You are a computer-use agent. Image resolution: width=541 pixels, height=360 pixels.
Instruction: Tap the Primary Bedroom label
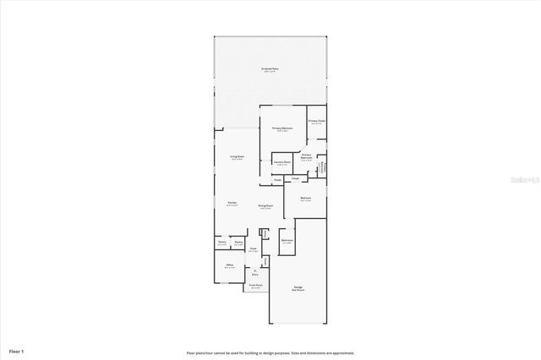281,128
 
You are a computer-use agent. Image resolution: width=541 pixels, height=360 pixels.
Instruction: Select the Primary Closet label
316,121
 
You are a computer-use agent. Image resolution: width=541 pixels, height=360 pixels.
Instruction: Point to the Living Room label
238,156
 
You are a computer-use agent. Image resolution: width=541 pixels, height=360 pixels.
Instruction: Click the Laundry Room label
282,161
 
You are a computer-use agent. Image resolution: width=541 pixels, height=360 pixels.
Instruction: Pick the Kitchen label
232,203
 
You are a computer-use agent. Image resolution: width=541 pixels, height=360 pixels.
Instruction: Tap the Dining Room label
265,205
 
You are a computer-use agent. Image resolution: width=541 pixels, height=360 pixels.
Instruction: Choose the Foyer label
253,248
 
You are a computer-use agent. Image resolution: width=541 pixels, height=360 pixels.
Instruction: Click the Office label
229,265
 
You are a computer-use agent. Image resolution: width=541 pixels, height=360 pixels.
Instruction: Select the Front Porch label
254,286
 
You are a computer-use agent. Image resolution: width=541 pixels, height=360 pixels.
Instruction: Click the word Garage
298,287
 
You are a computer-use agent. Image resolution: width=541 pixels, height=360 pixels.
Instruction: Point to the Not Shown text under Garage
298,291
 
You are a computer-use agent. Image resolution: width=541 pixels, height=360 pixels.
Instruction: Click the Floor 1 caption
17,350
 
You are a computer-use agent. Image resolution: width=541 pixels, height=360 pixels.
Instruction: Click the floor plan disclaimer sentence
270,352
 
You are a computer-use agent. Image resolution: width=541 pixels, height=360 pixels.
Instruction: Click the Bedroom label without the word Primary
306,198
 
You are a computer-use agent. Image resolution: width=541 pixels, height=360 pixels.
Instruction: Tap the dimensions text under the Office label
229,269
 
